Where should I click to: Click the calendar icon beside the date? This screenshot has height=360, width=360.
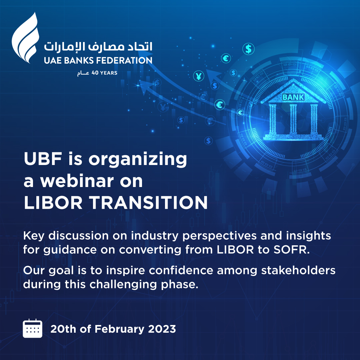(x=32, y=328)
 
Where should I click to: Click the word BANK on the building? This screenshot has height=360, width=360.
(x=293, y=97)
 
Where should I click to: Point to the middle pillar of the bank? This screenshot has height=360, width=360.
(x=293, y=119)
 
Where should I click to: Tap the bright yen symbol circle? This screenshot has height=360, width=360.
(x=199, y=76)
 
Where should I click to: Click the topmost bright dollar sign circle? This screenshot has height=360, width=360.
(x=248, y=49)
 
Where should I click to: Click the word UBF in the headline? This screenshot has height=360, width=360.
(x=39, y=159)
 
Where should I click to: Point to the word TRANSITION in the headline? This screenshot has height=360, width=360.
(x=153, y=203)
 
